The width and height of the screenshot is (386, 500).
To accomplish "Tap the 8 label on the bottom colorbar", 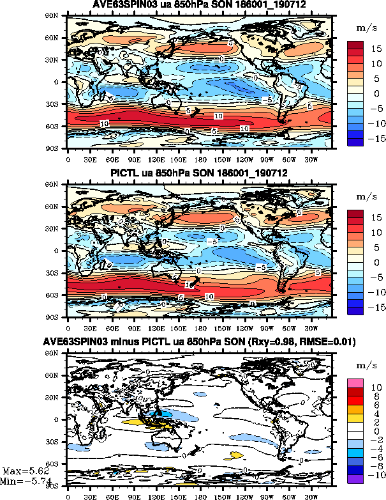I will click(376, 396).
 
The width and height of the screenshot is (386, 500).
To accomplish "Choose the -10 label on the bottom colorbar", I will click(375, 476).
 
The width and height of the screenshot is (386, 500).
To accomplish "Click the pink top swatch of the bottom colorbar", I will click(355, 382).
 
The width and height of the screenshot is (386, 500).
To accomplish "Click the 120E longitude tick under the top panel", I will click(156, 158).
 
